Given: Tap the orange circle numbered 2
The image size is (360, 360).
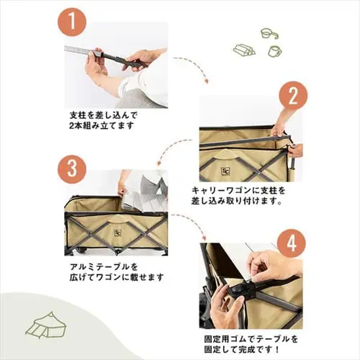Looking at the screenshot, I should (x=293, y=96).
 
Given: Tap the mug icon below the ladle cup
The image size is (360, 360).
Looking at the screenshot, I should (x=274, y=51).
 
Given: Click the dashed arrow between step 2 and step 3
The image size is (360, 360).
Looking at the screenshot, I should (x=176, y=153).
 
